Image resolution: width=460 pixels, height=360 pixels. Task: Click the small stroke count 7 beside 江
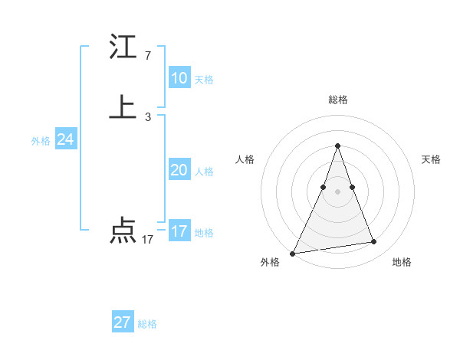(x=147, y=56)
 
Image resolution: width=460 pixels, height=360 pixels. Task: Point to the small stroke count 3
(x=147, y=116)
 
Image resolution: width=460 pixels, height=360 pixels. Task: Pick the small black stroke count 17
(x=147, y=240)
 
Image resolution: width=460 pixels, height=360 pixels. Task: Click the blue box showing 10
(x=179, y=78)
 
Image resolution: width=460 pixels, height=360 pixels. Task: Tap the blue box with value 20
(x=179, y=170)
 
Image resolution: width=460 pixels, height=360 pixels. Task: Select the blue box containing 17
(x=179, y=231)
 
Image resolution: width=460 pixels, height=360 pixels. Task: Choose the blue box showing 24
(x=65, y=139)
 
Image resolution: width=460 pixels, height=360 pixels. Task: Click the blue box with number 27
(x=122, y=322)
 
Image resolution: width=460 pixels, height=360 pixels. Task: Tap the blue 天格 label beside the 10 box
(x=204, y=80)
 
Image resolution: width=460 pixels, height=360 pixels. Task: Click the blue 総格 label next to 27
(x=147, y=324)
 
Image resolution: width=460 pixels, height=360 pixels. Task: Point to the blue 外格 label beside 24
(x=41, y=141)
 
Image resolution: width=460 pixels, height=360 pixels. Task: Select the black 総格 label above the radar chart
(x=337, y=100)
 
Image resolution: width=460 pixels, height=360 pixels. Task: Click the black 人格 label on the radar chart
(x=245, y=159)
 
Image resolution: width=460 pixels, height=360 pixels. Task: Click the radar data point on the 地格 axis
(x=374, y=242)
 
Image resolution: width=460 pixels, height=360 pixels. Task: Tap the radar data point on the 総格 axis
(x=337, y=146)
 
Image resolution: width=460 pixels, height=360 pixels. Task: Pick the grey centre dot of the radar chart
(x=337, y=191)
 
